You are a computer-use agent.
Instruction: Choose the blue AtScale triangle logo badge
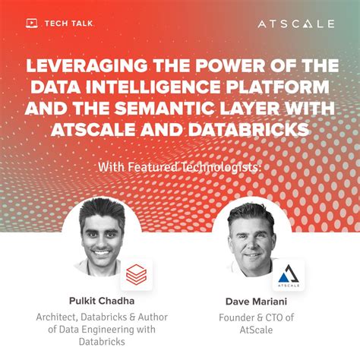(x=288, y=275)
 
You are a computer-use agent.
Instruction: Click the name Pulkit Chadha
(x=96, y=302)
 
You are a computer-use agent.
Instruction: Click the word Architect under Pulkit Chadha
(x=59, y=317)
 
